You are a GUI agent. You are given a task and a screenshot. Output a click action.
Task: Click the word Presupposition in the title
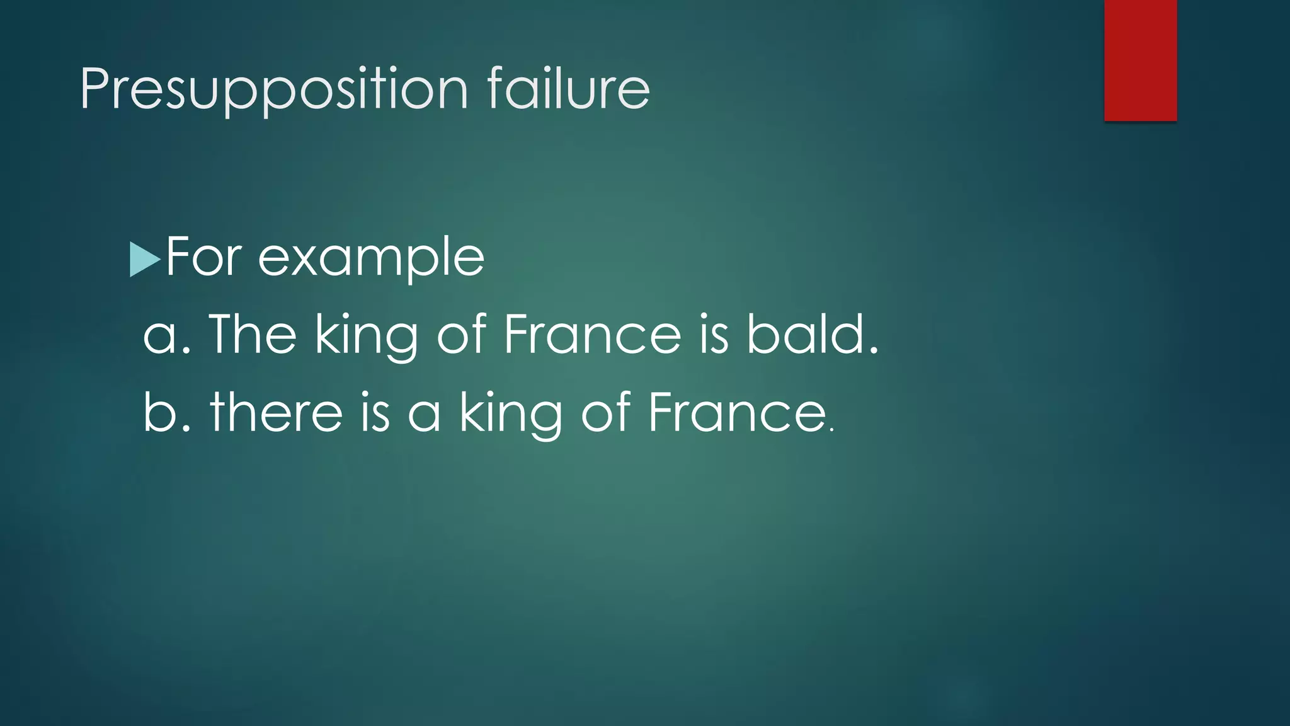[x=274, y=89]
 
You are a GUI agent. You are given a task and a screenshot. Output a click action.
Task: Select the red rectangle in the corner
[x=1140, y=60]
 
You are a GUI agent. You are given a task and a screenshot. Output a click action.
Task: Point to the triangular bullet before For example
[x=144, y=259]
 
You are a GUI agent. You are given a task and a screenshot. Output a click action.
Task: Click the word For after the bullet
[x=204, y=257]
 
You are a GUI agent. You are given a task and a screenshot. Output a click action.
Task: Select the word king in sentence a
[x=365, y=336]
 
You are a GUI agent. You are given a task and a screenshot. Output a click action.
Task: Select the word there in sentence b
[x=277, y=413]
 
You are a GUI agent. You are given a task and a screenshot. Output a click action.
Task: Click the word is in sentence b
[x=375, y=413]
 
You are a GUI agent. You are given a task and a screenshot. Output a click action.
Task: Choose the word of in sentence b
[x=605, y=413]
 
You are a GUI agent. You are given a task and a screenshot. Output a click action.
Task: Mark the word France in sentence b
[x=736, y=413]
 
